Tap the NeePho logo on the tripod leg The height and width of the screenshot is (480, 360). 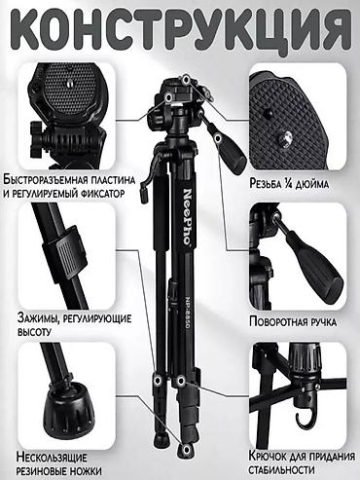pos(187,216)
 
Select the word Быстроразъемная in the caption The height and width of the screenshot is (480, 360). pos(46,180)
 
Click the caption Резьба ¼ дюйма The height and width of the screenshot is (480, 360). pos(289,184)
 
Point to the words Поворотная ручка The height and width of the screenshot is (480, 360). pos(293,322)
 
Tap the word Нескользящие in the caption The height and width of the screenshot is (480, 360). pos(52,458)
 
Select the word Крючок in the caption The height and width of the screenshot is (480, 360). pos(268,456)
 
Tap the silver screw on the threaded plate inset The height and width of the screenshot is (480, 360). pos(285,139)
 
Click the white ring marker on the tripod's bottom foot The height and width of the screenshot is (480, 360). pos(187,450)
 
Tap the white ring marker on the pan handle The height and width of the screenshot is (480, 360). pos(218,138)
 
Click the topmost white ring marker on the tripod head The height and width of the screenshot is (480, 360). pos(186,79)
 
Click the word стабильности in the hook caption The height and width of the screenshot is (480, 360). pos(281,469)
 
